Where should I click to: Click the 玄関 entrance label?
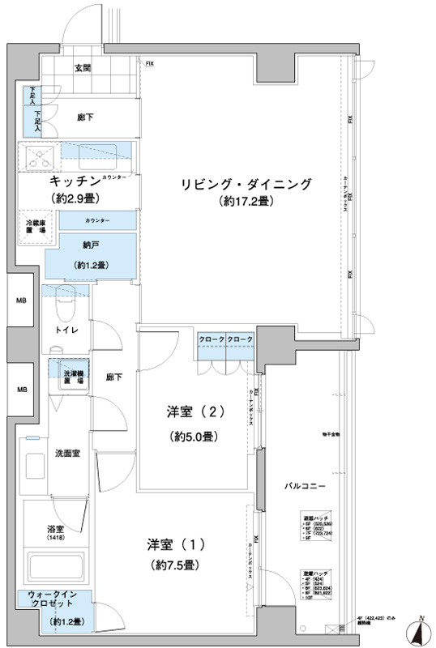(83, 69)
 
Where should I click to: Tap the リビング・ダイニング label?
(246, 184)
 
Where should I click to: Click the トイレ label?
(66, 331)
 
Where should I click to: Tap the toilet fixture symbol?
(63, 307)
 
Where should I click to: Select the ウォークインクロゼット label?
(54, 600)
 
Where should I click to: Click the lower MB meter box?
(19, 390)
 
